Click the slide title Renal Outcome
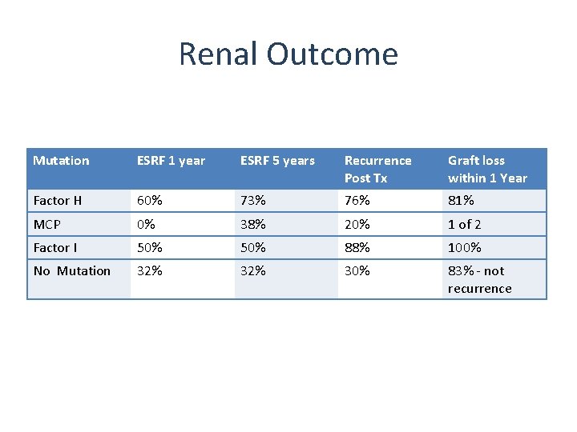coord(288,54)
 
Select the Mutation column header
coord(61,161)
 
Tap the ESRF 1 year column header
coord(171,161)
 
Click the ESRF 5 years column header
coord(277,161)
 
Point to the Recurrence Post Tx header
coord(377,169)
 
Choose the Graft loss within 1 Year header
coord(487,169)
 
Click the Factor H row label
coord(58,201)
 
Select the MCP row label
coord(46,225)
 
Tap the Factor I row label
coord(55,248)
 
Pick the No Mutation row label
coord(72,271)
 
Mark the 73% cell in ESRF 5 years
coord(253,201)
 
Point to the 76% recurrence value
coord(357,201)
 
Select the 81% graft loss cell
coord(461,201)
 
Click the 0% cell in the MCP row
coord(146,225)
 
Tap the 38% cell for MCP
coord(253,225)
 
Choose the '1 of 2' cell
coord(465,225)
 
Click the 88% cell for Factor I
coord(357,248)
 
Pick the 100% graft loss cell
coord(465,248)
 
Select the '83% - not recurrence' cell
coord(479,280)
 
